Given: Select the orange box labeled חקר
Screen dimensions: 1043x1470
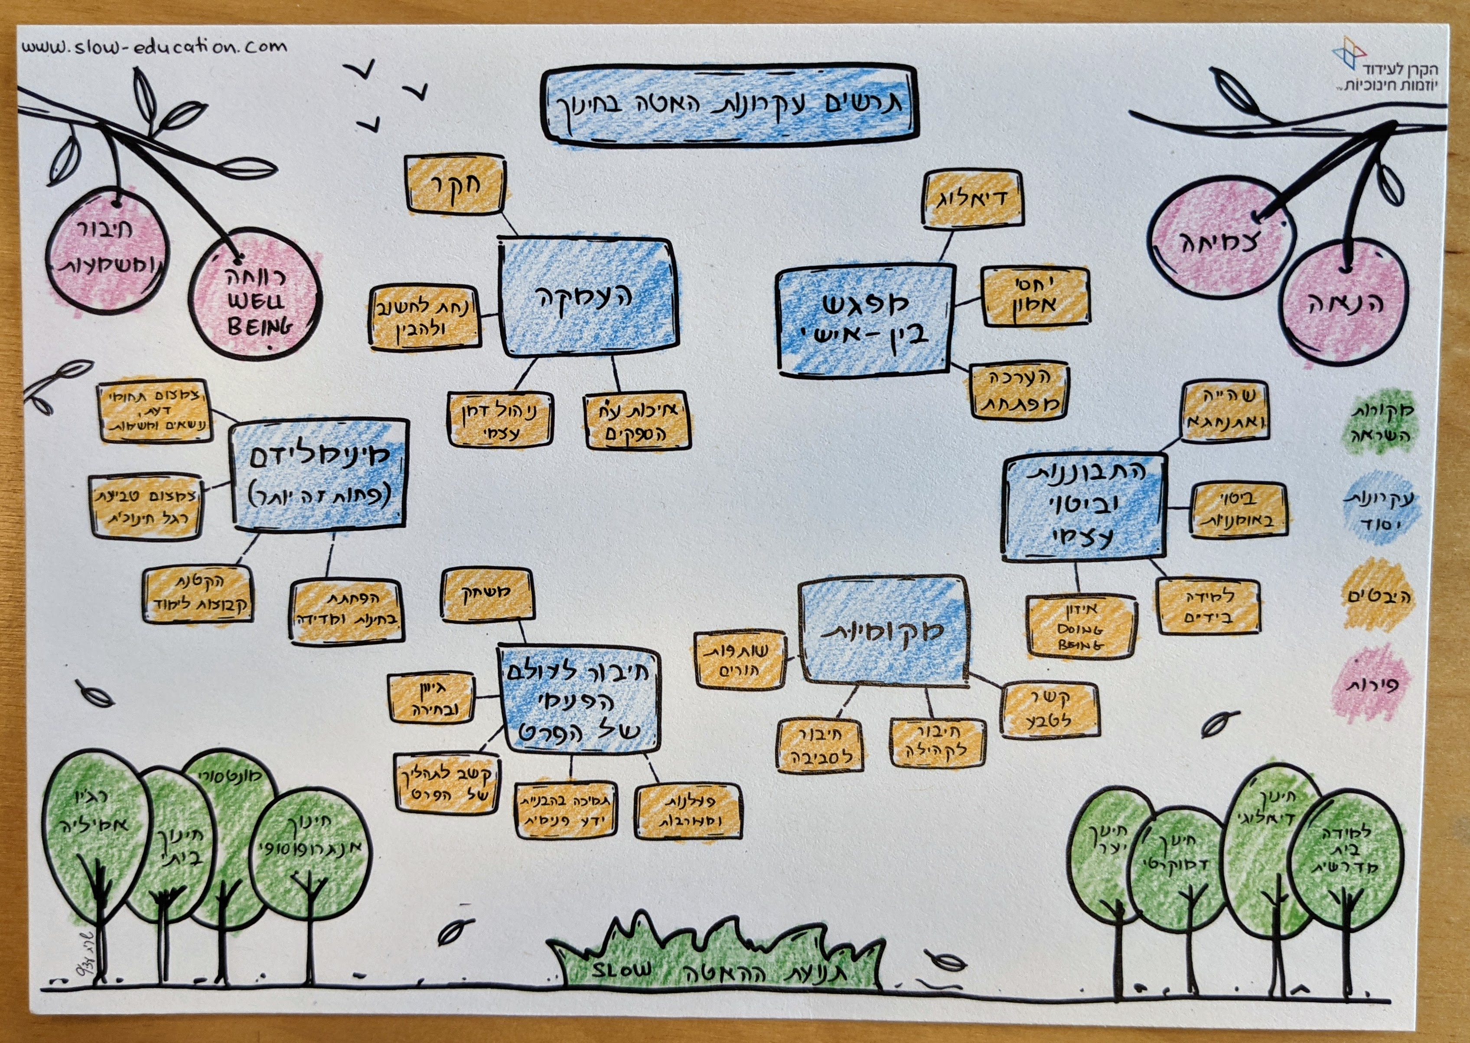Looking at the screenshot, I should coord(455,185).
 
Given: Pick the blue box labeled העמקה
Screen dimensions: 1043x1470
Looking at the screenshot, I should coord(588,297).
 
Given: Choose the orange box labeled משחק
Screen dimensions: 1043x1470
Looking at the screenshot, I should coord(487,594).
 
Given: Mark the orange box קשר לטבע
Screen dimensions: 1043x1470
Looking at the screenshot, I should coord(1049,710).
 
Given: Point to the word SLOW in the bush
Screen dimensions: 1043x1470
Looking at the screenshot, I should coord(621,969).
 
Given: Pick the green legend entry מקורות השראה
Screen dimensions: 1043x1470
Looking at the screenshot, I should coord(1377,422).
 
